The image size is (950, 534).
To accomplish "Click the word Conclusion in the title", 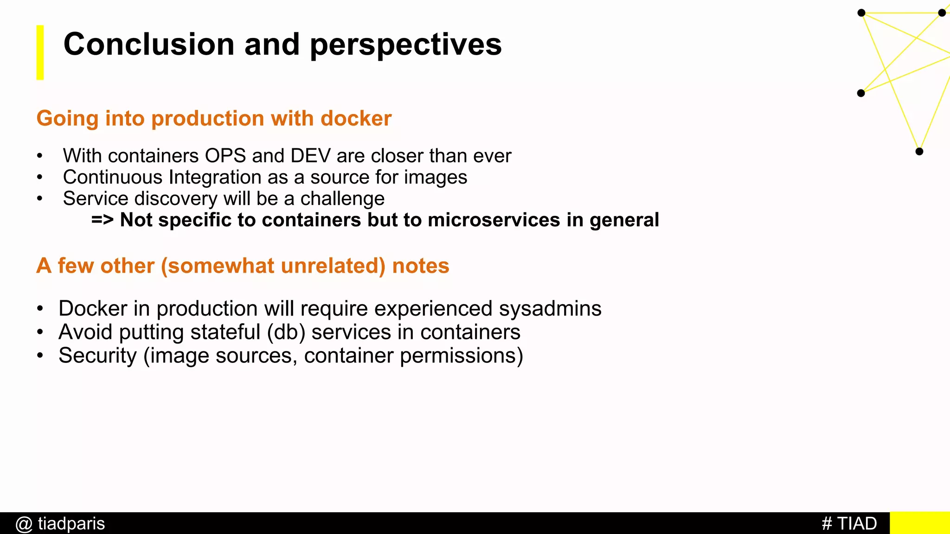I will pos(148,44).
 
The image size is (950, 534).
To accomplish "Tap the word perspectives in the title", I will pos(405,45).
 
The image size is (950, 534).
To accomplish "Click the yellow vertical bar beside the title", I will pos(40,52).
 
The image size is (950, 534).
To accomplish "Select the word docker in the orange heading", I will pos(356,119).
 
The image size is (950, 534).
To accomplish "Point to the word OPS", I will pos(225,156).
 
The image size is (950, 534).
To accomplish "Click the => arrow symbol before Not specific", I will pos(102,220).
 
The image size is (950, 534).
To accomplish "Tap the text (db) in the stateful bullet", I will pos(286,332).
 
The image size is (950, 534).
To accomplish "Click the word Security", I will pos(97,356).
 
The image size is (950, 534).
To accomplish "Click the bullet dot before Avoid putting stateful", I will pos(40,332).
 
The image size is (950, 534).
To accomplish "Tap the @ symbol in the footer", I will pos(24,524).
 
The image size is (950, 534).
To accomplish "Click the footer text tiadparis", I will pos(71,523).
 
